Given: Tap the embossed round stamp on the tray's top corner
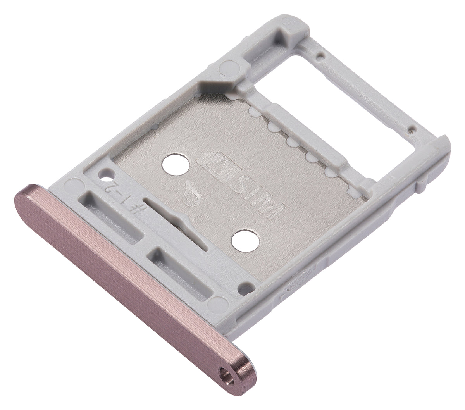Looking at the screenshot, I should point(289,24).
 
